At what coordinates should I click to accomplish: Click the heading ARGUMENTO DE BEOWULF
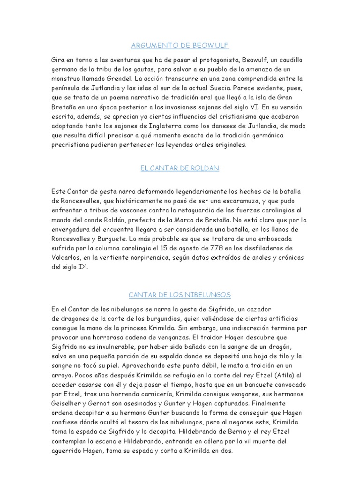[180, 45]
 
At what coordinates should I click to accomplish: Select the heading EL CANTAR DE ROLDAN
[180, 168]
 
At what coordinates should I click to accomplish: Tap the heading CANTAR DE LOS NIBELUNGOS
[180, 294]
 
